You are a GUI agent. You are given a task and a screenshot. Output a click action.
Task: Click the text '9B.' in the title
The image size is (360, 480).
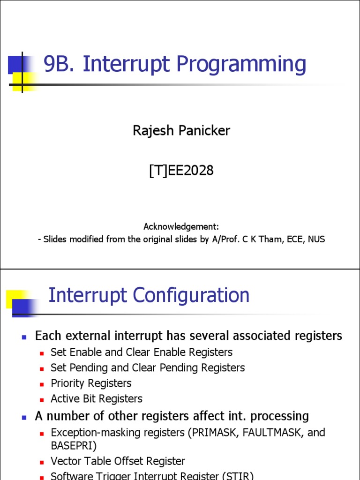point(60,64)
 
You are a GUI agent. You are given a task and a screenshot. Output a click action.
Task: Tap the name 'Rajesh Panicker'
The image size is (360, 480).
point(181,130)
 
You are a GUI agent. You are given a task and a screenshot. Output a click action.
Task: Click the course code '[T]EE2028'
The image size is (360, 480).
point(181,171)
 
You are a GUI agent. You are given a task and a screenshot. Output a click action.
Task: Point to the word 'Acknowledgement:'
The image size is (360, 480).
point(181,226)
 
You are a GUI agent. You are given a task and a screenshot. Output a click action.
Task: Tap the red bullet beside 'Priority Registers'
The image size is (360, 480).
point(41,384)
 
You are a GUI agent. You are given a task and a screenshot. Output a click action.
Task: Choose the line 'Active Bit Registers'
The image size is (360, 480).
point(97,399)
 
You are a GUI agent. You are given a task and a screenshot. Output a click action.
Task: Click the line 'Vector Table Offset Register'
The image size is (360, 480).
point(118,461)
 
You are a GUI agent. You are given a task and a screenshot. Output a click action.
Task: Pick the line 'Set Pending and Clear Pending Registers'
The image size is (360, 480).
point(148,368)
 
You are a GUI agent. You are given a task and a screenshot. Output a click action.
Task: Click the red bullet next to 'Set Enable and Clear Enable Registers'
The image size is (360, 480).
point(41,353)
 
